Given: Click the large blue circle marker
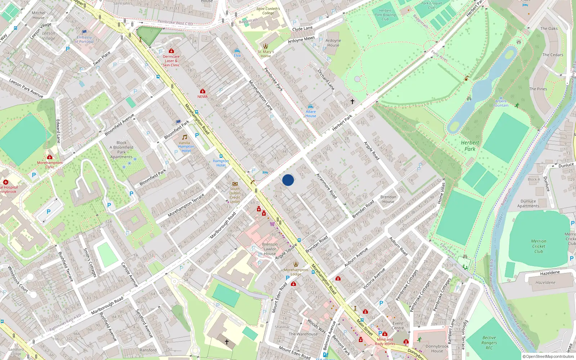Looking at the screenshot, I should (288, 180).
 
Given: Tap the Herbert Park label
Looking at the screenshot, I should (470, 146).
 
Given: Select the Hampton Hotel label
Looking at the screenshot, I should (221, 163).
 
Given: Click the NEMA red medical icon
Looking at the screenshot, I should (203, 91).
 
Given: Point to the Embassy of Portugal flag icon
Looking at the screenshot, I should (84, 32).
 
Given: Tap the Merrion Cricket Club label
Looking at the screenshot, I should (539, 246).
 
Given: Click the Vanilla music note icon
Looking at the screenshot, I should (185, 137).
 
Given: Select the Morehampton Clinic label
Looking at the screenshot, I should (50, 165).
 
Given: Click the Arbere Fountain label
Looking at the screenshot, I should (501, 103).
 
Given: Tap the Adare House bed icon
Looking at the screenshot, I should (311, 107).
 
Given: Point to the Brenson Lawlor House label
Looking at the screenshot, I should (270, 249).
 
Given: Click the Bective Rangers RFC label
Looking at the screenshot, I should (489, 343).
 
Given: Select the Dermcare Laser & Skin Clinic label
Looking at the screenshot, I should (171, 61).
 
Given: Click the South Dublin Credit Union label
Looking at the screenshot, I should (235, 195).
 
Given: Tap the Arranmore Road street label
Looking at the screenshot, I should (327, 186).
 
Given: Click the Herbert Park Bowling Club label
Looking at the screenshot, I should (385, 15).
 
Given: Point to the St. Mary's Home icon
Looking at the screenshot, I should (266, 46).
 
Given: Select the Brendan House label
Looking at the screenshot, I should (388, 199).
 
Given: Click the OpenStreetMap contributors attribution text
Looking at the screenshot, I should (548, 356).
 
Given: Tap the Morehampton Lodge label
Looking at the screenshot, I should (296, 272).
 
